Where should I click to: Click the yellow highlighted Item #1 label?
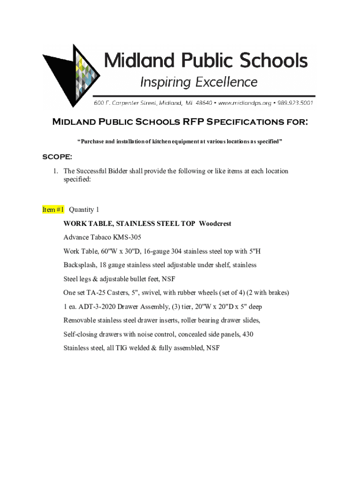tap(53, 210)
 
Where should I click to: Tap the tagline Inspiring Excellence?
tap(199, 83)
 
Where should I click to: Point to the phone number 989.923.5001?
tap(294, 103)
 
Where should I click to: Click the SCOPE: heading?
tap(58, 156)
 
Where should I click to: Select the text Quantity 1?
tap(84, 210)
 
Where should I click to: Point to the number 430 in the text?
tap(248, 334)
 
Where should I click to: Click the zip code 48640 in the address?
tap(203, 103)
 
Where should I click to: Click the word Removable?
tap(80, 320)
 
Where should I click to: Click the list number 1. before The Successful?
tap(55, 171)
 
